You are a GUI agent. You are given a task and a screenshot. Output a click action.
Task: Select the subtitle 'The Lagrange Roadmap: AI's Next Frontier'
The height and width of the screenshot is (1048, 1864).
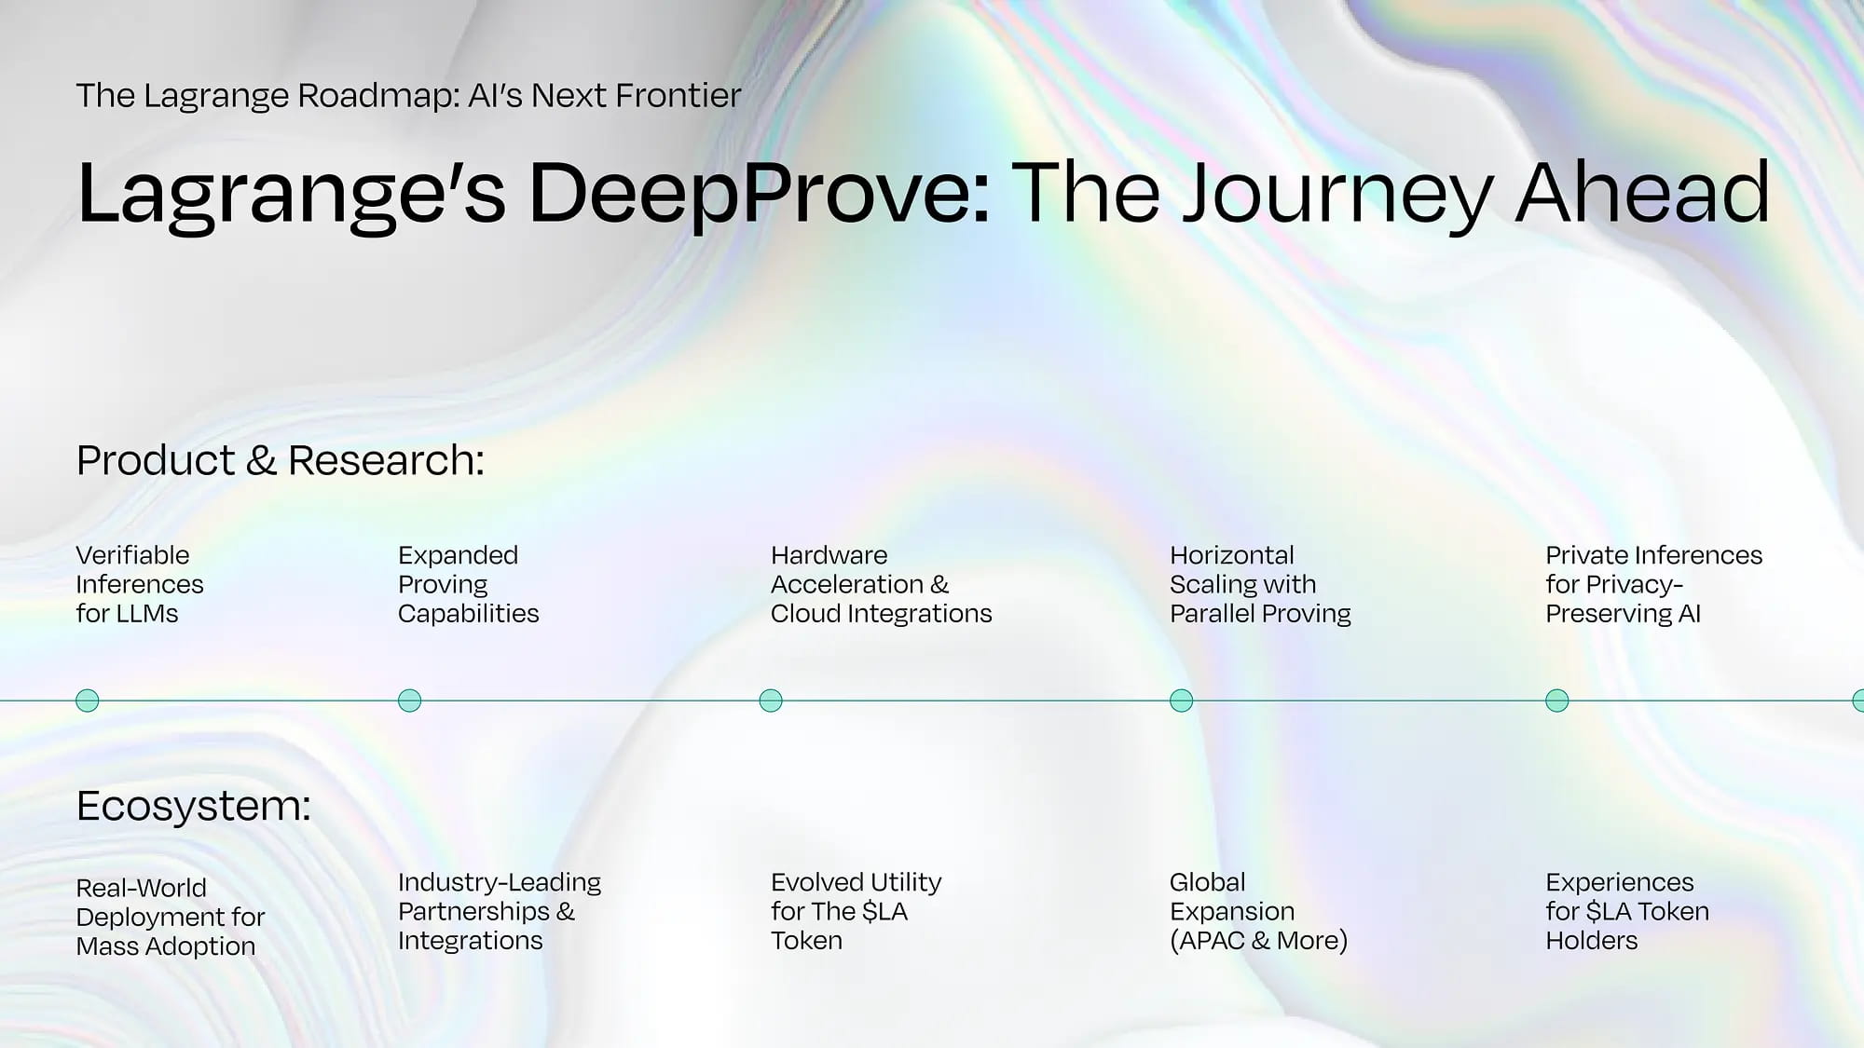point(408,95)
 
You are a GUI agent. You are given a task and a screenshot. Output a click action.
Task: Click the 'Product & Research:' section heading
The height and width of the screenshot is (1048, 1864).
point(281,460)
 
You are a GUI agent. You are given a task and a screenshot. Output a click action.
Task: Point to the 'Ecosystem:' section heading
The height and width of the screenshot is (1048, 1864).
point(193,806)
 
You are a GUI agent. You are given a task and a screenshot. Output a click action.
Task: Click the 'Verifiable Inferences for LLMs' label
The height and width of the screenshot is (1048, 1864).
point(140,584)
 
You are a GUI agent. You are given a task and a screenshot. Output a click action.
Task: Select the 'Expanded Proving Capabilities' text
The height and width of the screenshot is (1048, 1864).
point(468,584)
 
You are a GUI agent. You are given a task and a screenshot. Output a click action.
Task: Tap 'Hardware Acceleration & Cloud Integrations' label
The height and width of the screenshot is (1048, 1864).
point(881,584)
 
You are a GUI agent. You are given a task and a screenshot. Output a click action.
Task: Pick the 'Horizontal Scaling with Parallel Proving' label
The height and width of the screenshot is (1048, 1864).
point(1260,584)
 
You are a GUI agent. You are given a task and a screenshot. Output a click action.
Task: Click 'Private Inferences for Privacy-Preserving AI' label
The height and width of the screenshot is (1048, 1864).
point(1653,584)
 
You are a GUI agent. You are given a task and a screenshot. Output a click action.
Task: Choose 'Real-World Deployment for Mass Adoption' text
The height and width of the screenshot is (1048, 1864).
point(171,917)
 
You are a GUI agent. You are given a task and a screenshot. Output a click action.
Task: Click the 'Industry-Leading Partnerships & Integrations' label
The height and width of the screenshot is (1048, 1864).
point(500,911)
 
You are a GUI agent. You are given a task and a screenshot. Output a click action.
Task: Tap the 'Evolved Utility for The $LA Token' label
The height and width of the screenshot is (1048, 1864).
point(856,911)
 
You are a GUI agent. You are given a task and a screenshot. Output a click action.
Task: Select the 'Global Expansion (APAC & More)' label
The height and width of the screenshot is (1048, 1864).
point(1258,911)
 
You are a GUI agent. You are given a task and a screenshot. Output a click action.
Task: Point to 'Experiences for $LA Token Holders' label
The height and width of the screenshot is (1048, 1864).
point(1627,911)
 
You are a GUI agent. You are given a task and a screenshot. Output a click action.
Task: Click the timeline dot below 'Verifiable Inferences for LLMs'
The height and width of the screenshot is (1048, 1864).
point(87,701)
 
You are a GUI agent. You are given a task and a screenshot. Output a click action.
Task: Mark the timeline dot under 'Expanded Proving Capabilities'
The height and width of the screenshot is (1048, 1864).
point(409,701)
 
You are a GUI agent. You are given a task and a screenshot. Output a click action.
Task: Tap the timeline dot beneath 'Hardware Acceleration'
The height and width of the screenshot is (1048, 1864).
point(771,701)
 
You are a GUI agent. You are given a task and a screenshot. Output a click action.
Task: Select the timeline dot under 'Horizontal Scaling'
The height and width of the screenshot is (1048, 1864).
point(1181,701)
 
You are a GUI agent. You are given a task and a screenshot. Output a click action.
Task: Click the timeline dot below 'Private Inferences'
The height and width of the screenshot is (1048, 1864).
point(1556,701)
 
